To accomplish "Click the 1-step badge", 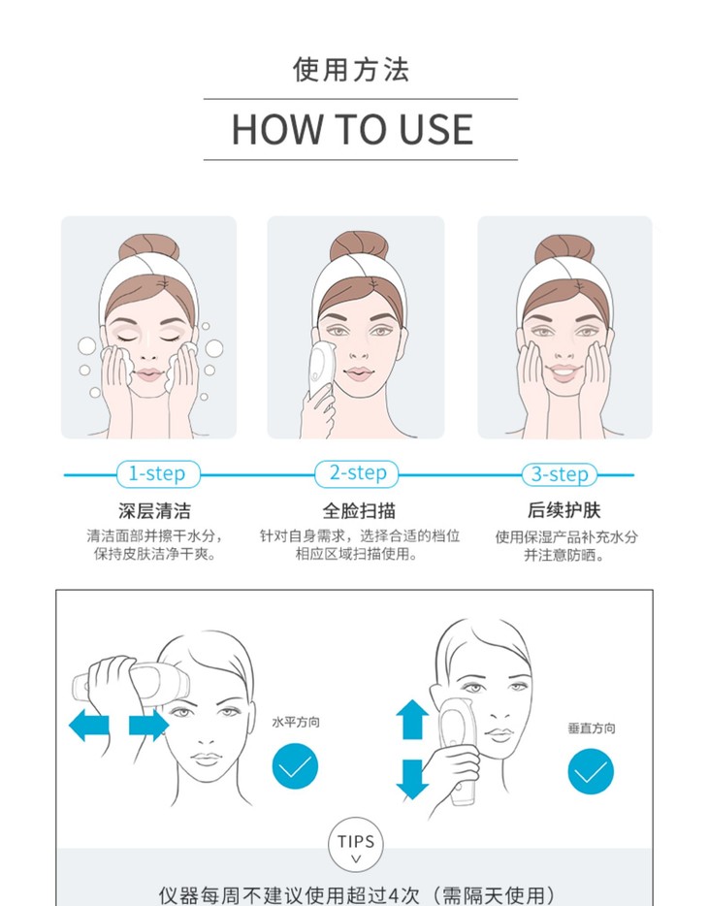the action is tap(158, 474).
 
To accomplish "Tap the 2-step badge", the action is tap(356, 473).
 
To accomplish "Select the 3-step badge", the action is tap(559, 475).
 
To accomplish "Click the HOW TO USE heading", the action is tap(352, 129).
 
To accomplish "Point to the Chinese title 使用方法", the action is tap(351, 70).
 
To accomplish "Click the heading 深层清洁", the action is tap(155, 511).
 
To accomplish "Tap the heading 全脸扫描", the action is tap(359, 511).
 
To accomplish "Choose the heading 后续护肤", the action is tap(563, 510).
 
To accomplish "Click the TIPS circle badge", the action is tap(356, 844).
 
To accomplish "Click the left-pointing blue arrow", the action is tap(89, 725).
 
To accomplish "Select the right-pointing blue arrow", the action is tap(149, 725).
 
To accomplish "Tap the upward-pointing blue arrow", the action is tap(412, 720).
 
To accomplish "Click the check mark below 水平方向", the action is tap(295, 766).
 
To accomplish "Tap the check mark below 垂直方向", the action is tap(591, 771).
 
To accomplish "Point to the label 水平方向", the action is tap(296, 723).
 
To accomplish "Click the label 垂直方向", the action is tap(592, 728).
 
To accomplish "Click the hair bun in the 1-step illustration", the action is tap(149, 246).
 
